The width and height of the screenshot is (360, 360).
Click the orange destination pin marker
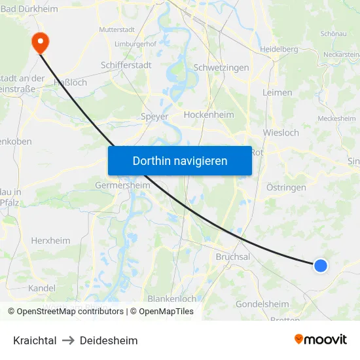point(40,42)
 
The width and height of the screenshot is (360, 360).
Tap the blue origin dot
point(320,265)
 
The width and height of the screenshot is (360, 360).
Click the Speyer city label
point(154,117)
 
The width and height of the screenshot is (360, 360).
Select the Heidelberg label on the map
point(279,49)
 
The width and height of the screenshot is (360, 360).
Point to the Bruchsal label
point(233,257)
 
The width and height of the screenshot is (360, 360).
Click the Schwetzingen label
point(221,67)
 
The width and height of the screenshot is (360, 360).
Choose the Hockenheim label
point(209,115)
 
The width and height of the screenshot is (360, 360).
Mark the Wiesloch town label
point(281,132)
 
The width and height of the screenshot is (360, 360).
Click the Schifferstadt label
point(126,65)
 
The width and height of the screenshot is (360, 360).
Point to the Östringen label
point(286,187)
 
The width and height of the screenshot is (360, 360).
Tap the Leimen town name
point(277,92)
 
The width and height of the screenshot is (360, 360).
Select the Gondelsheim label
point(262,304)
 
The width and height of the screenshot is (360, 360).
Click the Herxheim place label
point(50,240)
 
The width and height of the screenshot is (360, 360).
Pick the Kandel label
point(42,287)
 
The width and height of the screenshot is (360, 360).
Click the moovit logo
point(321,339)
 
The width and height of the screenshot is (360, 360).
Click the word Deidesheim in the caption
point(109,340)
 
